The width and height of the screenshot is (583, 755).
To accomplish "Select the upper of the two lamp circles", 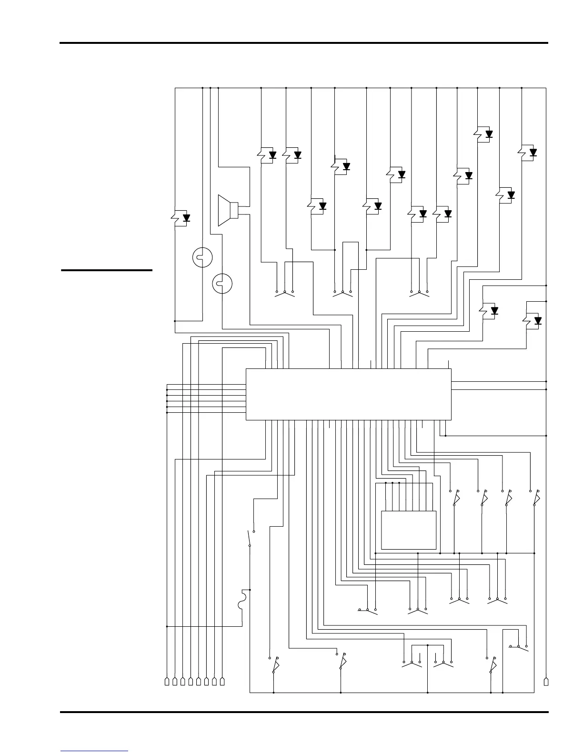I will (202, 257).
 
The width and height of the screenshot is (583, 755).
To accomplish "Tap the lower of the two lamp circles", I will (222, 284).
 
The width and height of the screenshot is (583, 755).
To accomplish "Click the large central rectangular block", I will (348, 394).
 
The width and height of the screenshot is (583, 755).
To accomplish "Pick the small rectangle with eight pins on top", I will (409, 530).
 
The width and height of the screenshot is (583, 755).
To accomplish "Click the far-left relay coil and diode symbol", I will (181, 218).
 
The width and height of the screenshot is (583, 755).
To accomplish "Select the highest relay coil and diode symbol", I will (484, 134).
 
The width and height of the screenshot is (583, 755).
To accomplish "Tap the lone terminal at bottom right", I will (546, 682).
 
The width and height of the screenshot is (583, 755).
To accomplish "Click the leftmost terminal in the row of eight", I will (167, 682).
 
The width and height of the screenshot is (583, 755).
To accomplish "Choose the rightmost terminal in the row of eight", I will (222, 682).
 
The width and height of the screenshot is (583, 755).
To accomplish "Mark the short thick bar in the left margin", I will (107, 270).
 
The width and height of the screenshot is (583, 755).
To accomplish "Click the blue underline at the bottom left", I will (94, 751).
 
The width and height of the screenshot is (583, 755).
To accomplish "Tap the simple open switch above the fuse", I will (251, 538).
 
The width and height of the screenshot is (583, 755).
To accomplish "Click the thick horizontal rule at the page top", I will (304, 43).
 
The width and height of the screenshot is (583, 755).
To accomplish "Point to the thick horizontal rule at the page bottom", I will (304, 713).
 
